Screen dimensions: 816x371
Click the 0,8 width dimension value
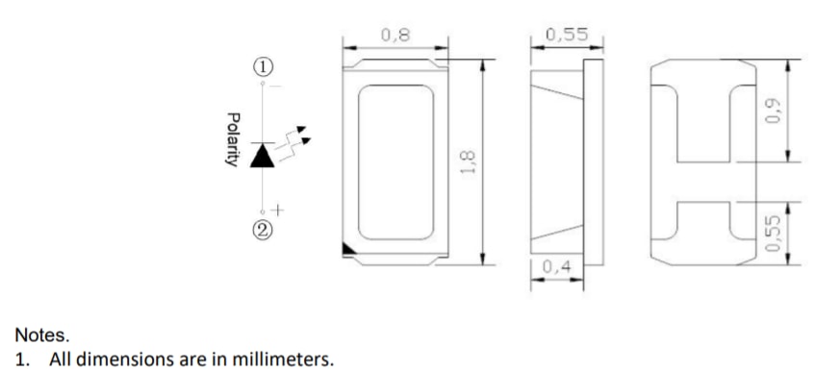coord(395,35)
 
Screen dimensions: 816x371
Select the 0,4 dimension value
coord(557,266)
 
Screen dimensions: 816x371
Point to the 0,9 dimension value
coord(774,111)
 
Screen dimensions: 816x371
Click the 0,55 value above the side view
coord(567,35)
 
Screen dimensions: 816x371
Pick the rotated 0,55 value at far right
coord(774,234)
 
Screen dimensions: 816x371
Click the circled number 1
coord(263,66)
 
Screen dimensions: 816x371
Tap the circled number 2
coord(263,230)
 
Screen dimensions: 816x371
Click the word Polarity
coord(233,139)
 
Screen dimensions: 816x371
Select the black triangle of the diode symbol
coord(263,156)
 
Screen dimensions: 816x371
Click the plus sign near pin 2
coord(278,210)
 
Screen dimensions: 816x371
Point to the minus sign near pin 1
coord(276,86)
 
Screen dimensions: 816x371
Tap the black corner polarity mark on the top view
coord(348,249)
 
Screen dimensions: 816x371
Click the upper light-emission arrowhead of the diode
coord(301,130)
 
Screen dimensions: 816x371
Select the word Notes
coord(41,335)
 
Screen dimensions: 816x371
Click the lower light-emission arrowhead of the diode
coord(306,141)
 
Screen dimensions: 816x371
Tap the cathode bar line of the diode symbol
coord(263,143)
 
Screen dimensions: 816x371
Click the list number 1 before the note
coord(21,359)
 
